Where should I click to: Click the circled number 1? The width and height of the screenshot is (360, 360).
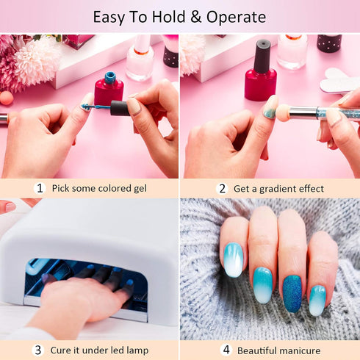click(x=40, y=188)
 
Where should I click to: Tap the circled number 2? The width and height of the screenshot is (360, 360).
click(x=221, y=188)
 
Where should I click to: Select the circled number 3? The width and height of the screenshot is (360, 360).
click(x=39, y=350)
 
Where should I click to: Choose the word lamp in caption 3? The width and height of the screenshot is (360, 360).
click(x=136, y=350)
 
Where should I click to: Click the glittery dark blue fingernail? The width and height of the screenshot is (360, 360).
click(x=292, y=293)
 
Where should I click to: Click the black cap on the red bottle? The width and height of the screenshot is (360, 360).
click(x=262, y=55)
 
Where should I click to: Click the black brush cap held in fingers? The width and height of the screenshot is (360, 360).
click(x=120, y=108)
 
